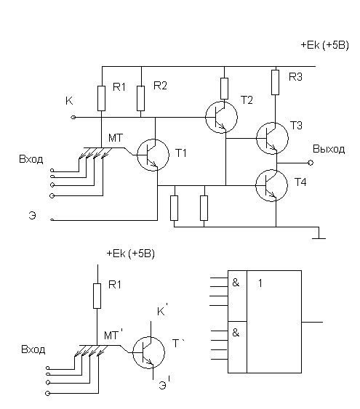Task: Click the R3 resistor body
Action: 275,82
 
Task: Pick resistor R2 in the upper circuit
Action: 140,98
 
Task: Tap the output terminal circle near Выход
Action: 311,163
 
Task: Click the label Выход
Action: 329,149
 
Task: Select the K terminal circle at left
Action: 73,118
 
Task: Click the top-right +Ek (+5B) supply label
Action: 325,45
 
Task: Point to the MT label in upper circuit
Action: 116,138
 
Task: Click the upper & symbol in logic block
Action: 236,283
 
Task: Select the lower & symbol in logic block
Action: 236,333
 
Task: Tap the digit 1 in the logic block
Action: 260,283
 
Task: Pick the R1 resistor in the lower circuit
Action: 97,296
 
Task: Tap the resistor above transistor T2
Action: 224,89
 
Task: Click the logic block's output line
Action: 312,322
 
